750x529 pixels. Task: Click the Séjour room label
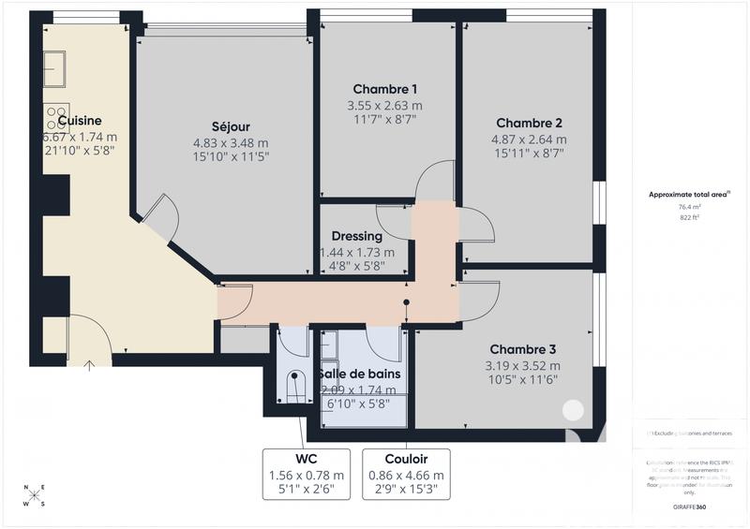[x=231, y=126]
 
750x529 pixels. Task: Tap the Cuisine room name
[x=80, y=121]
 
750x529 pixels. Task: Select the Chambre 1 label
[x=384, y=89]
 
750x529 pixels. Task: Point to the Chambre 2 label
[x=529, y=123]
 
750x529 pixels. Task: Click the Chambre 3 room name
[x=522, y=349]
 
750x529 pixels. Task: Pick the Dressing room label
[x=357, y=236]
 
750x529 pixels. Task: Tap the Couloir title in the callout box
[x=407, y=459]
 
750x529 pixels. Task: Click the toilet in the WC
[x=296, y=387]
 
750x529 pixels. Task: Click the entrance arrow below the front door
[x=91, y=364]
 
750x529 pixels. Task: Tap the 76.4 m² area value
[x=689, y=207]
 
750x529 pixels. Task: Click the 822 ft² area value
[x=689, y=217]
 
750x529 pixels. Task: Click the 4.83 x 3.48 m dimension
[x=231, y=143]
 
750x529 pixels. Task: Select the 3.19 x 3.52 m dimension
[x=522, y=366]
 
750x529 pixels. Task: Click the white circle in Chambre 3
[x=571, y=409]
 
